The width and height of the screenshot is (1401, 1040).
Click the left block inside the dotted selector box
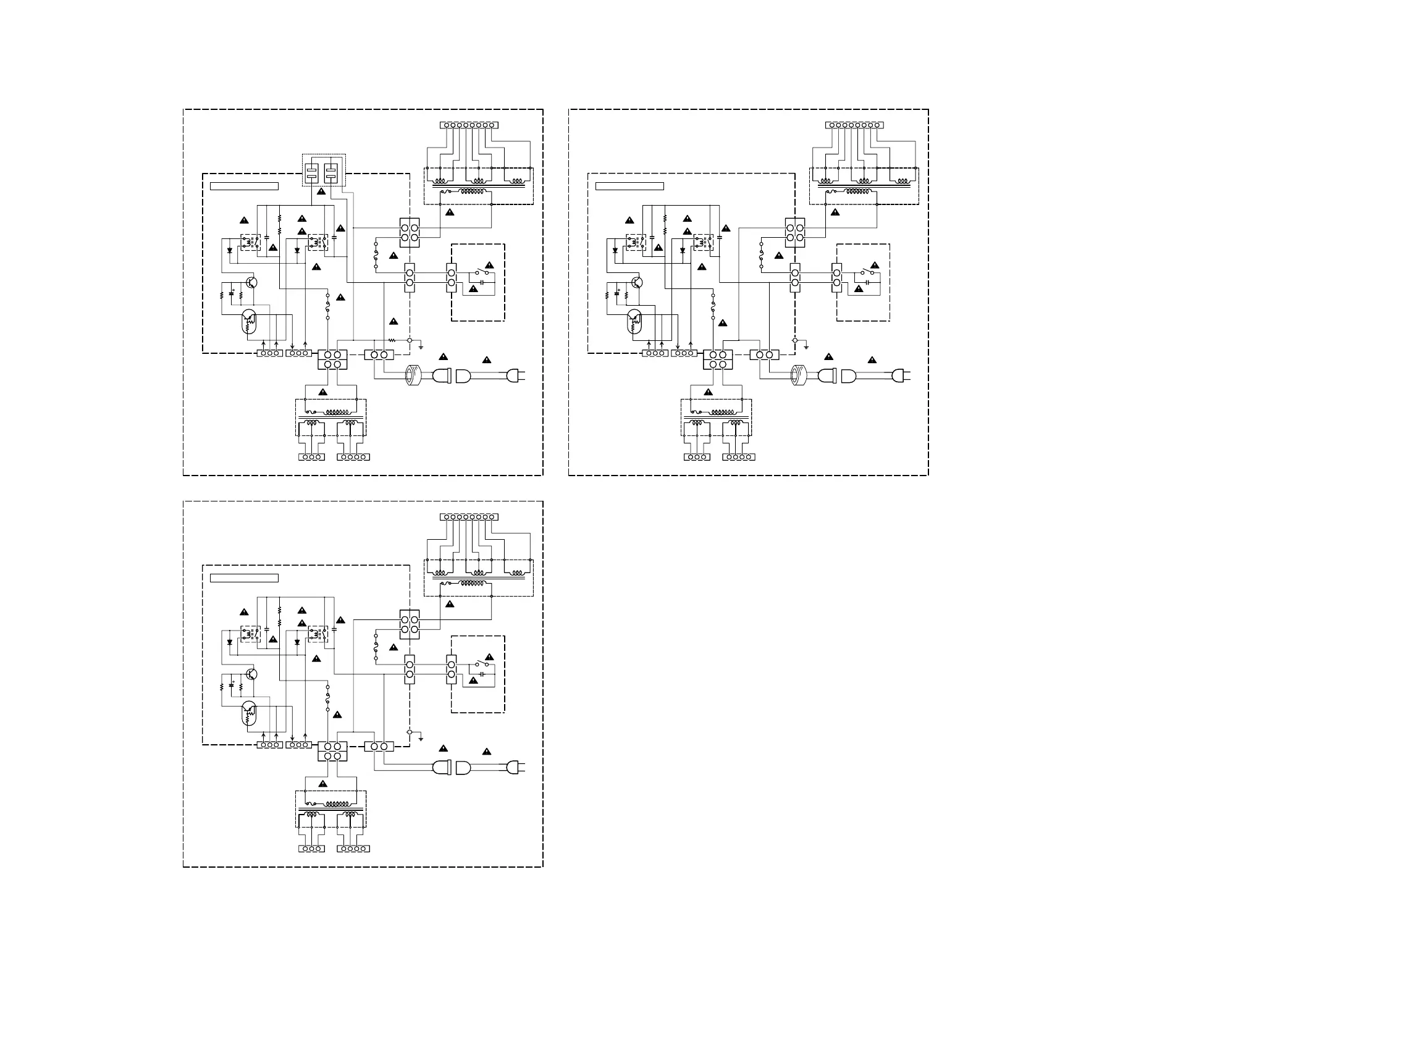[312, 172]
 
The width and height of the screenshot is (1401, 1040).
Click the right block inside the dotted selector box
[330, 172]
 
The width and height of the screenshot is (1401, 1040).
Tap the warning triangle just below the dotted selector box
[321, 191]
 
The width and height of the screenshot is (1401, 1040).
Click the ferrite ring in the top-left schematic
[413, 375]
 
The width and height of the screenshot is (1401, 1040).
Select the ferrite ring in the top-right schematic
[799, 375]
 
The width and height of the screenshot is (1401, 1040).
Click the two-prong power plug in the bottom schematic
[515, 768]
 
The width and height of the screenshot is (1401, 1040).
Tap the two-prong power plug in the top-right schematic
[900, 376]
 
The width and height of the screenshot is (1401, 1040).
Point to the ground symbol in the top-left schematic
[421, 347]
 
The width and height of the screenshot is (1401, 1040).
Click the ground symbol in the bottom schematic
[421, 739]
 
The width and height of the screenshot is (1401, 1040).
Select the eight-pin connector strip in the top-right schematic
[854, 125]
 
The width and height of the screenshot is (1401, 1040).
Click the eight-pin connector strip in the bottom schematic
[469, 517]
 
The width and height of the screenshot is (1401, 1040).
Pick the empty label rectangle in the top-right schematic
[629, 187]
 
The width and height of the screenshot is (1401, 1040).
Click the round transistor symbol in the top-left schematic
[252, 283]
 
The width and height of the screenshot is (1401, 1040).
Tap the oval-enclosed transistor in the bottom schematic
[250, 713]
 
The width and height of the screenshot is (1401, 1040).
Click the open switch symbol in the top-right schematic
[868, 272]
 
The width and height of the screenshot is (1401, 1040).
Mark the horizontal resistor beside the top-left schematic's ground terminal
[392, 340]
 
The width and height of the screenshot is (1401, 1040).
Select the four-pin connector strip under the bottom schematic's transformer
[353, 849]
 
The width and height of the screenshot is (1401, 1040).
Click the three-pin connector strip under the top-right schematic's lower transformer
[697, 457]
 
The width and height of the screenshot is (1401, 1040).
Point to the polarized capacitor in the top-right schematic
[617, 293]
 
